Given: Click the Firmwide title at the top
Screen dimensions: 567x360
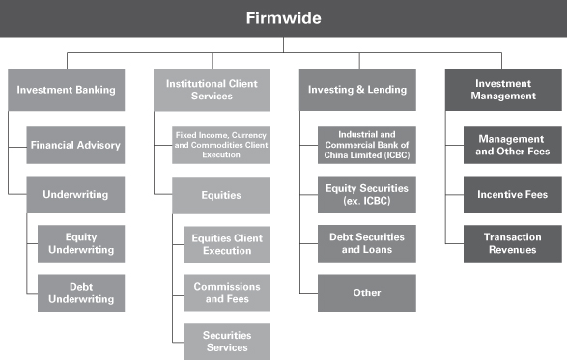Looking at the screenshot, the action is point(284,18).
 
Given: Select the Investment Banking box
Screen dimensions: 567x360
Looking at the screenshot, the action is point(67,90).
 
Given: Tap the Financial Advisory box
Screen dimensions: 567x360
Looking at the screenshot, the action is point(75,145).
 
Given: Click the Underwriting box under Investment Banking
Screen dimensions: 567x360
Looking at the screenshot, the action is point(75,194).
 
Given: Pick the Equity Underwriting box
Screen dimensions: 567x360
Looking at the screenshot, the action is point(81,243).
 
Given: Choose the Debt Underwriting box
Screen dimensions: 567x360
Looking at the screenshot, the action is point(81,292).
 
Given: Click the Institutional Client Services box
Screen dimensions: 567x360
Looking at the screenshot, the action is point(212,90).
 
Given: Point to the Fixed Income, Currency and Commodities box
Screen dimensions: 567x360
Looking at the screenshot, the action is point(221,145).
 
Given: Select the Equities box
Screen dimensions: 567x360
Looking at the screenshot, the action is point(221,195).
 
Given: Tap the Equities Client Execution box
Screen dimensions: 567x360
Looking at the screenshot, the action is point(227,244).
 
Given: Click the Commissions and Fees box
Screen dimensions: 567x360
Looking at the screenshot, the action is point(227,292).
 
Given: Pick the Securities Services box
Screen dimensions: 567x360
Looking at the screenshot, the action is point(227,342).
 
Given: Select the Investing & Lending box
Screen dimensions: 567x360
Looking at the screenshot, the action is point(357,90).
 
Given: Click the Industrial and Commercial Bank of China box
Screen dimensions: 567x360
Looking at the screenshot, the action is point(367,145).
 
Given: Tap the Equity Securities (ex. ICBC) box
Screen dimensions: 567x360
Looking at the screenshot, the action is point(367,194).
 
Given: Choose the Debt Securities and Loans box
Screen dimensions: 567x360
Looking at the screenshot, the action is point(367,243).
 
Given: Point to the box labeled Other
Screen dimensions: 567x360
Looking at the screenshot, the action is point(367,292).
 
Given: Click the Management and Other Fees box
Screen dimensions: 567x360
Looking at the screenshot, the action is point(513,145).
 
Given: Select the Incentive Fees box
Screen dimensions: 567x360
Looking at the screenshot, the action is point(513,194).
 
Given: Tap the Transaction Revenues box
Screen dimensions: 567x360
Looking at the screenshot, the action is point(513,243).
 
